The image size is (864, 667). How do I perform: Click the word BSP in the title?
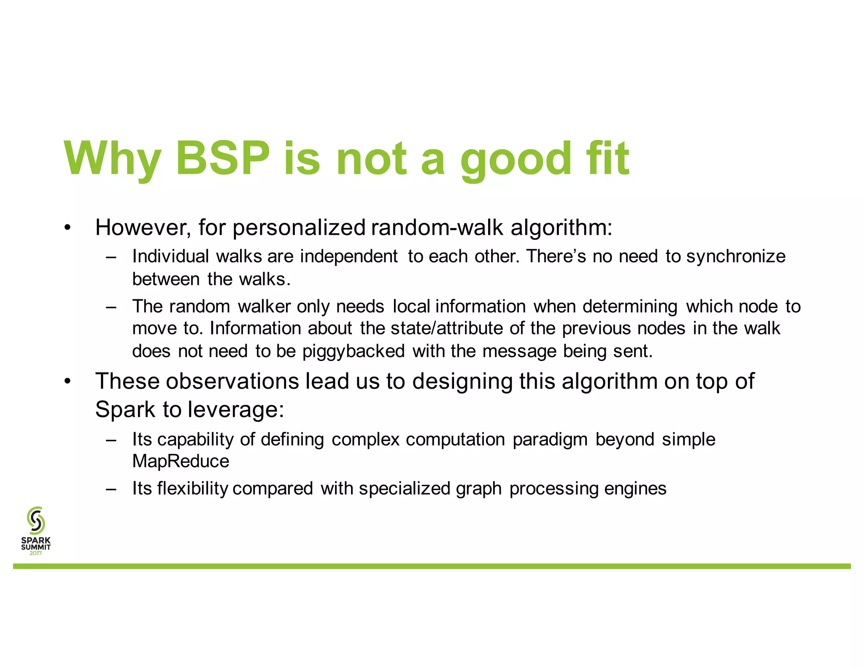coord(222,158)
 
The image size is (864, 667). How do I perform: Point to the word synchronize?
coord(736,256)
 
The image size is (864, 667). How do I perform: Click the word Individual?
coord(170,256)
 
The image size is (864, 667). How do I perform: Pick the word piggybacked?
coord(354,351)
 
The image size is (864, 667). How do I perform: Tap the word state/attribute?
coord(447,328)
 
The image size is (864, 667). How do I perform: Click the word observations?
coord(232,381)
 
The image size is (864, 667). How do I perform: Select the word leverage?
coord(235,409)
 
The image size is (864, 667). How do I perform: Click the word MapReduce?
coord(181,461)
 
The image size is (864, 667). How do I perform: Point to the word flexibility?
coord(192,489)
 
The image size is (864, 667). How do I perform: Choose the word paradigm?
coord(550,439)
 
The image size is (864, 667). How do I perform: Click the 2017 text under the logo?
coord(36,553)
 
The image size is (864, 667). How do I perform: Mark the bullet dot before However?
coord(67,228)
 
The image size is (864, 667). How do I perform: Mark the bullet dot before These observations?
coord(67,382)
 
